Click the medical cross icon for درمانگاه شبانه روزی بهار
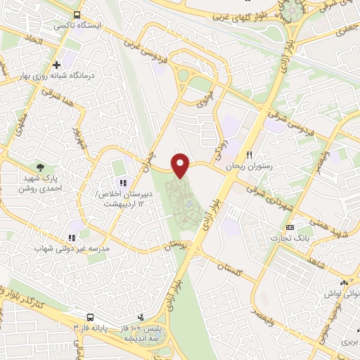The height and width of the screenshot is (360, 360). click(76, 65)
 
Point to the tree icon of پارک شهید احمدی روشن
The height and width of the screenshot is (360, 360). click(42, 167)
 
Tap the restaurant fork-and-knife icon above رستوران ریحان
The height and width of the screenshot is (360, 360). click(248, 155)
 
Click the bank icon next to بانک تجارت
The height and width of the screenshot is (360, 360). click(290, 227)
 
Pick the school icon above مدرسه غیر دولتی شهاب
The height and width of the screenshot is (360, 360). click(71, 239)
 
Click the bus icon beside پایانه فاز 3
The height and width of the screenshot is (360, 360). click(91, 317)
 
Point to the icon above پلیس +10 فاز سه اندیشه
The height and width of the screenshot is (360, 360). click(141, 317)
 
